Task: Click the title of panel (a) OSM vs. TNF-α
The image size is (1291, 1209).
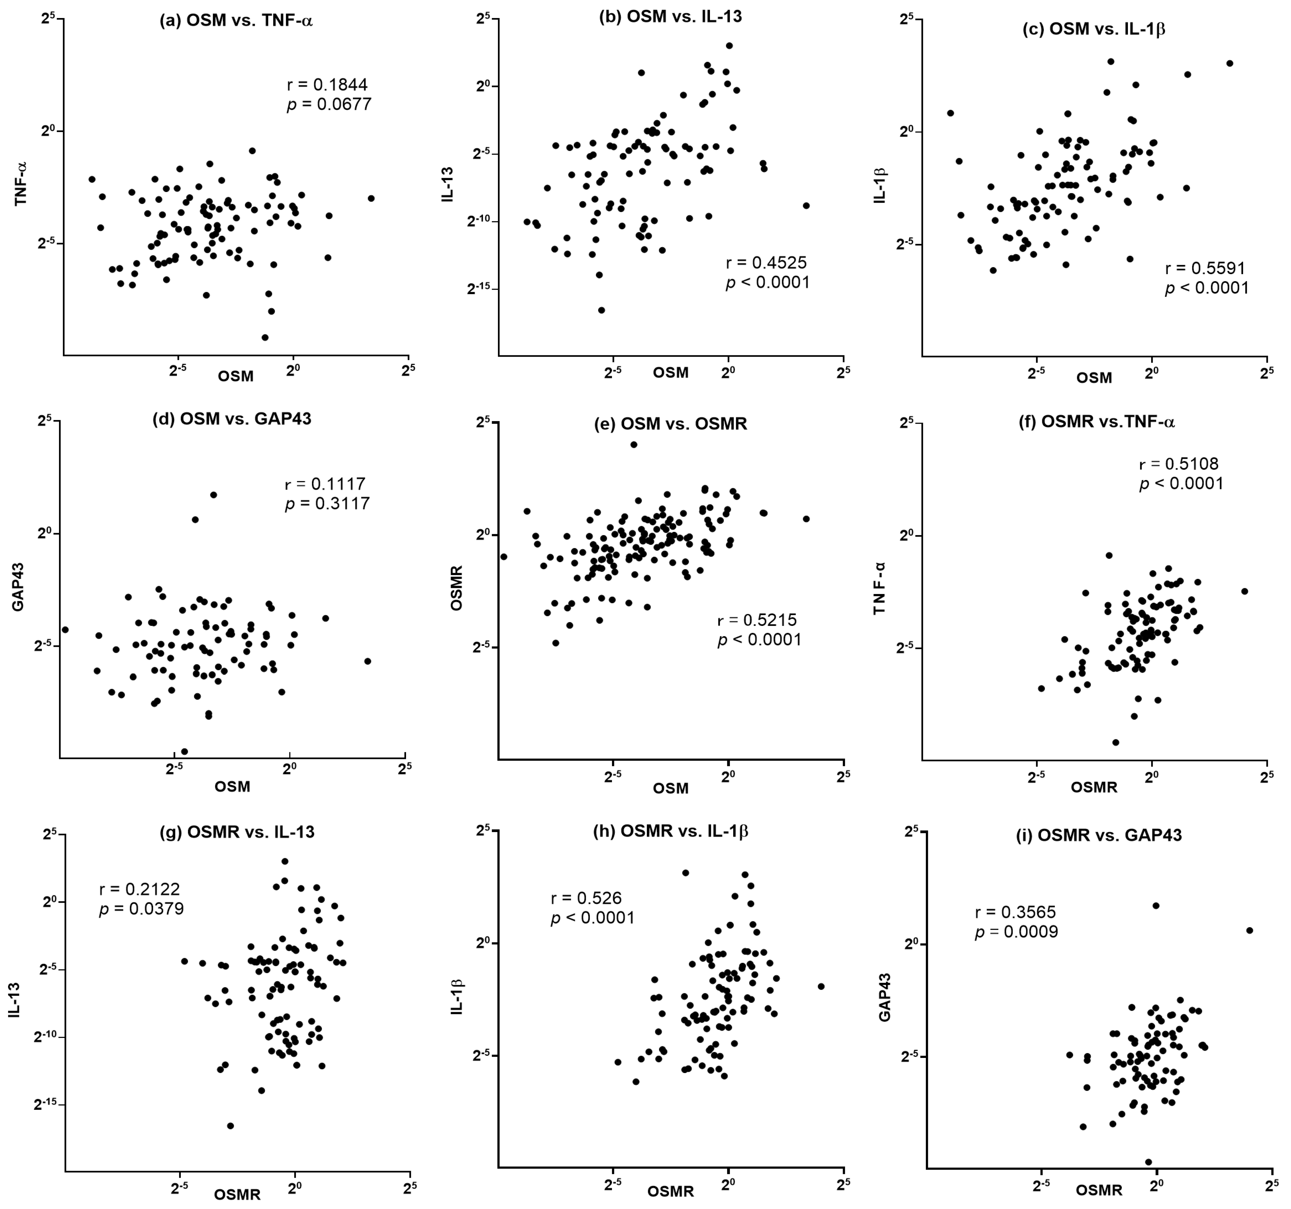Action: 236,20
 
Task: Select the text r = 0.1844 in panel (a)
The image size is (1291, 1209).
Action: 327,84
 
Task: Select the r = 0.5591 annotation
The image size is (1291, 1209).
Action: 1205,268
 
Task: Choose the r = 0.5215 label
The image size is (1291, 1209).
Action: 757,619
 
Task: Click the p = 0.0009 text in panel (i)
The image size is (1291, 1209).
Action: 1016,932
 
